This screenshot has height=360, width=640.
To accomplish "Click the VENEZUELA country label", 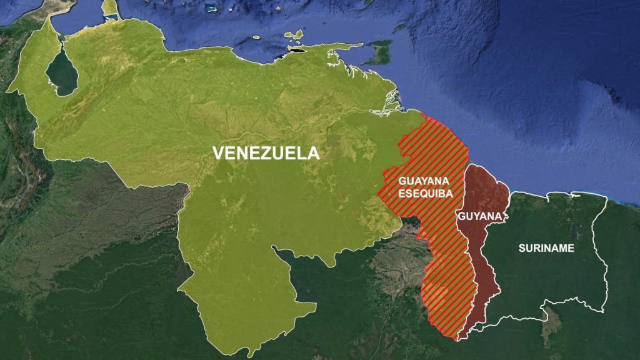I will coord(266,153).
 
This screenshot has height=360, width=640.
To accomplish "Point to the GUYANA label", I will coord(480,216).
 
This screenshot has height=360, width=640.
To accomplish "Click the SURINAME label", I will coord(546,248).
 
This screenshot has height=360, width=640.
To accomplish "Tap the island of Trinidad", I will coord(377,53).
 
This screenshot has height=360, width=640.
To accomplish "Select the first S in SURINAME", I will coord(522,248).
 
